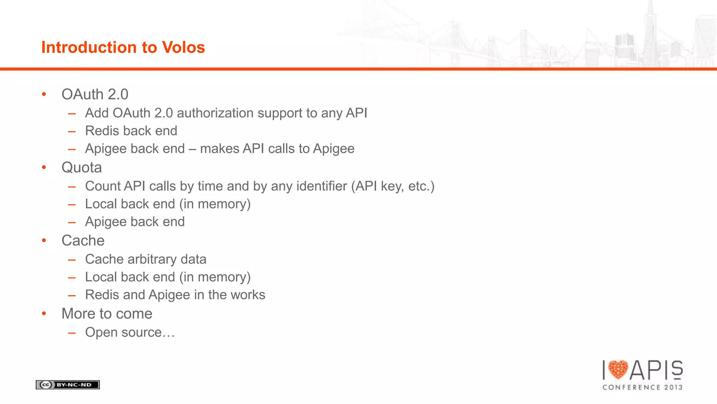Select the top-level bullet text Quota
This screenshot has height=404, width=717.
[82, 167]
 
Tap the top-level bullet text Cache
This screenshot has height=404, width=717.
[83, 241]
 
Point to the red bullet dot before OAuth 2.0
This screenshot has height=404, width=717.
[44, 94]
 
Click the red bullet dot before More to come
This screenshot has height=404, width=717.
[44, 314]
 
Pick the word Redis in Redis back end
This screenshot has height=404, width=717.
[100, 131]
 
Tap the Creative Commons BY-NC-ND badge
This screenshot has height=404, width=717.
[68, 385]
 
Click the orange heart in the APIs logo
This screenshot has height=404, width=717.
[618, 370]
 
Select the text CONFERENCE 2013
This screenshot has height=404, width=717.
[642, 387]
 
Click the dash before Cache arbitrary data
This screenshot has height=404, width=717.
[72, 260]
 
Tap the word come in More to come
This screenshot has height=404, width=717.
[134, 314]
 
